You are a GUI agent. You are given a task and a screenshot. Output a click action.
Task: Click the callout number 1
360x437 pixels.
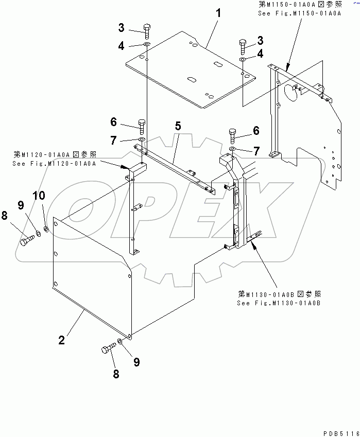[218, 13]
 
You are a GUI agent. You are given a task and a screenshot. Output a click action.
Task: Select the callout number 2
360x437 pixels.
[61, 340]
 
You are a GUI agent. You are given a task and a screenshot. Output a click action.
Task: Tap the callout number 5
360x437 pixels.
[177, 125]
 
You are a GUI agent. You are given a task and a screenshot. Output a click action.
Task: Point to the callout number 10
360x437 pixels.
[39, 196]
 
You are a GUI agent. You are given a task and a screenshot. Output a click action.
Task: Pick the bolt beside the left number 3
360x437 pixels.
[147, 31]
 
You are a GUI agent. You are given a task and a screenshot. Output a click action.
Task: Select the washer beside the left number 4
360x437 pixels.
[147, 46]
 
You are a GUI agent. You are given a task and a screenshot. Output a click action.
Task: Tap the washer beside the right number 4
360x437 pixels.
[242, 61]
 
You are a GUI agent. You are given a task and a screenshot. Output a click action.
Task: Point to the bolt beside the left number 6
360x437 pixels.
[142, 126]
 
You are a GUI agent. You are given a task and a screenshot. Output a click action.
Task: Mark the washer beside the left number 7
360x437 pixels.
[142, 140]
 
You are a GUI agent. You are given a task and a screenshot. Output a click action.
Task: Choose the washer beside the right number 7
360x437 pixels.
[232, 150]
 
